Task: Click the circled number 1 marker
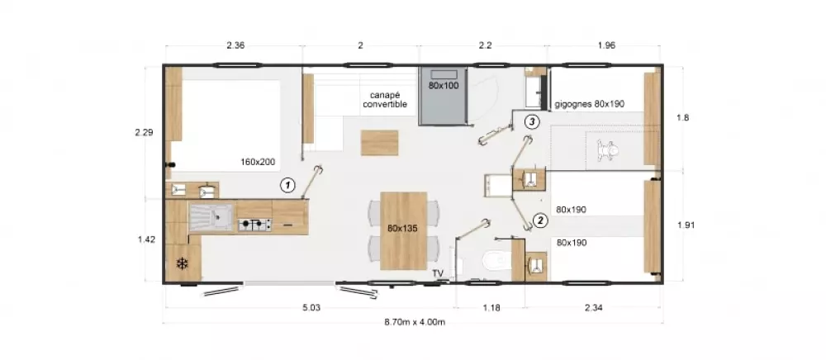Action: click(287, 185)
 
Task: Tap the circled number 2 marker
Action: click(539, 220)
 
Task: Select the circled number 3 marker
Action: click(532, 122)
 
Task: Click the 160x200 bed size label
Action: click(259, 163)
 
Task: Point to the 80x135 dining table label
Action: click(403, 228)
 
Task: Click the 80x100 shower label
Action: click(444, 85)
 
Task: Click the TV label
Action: click(437, 273)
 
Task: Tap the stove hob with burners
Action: click(255, 223)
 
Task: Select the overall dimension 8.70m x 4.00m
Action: click(415, 322)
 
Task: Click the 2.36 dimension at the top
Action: click(235, 45)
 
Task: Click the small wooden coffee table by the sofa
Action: click(378, 143)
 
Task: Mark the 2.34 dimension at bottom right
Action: click(594, 308)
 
